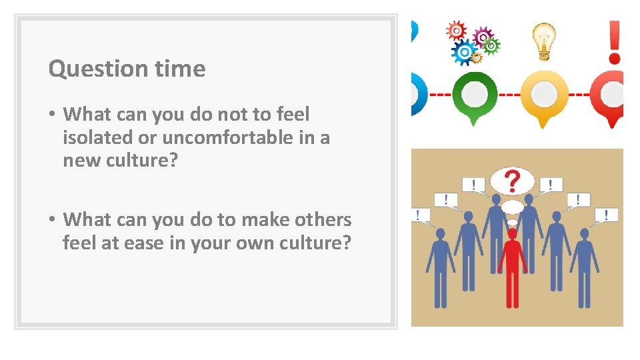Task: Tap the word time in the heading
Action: tap(180, 69)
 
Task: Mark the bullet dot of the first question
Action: tap(51, 115)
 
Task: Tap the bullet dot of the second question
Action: tap(51, 220)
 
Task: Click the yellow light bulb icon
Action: tap(544, 40)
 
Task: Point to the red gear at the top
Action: tap(456, 31)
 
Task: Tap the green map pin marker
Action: tap(474, 97)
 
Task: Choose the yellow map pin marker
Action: tap(544, 97)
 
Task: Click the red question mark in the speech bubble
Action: tap(512, 181)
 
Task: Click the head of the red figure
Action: tap(512, 234)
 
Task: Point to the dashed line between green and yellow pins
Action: tap(509, 94)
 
